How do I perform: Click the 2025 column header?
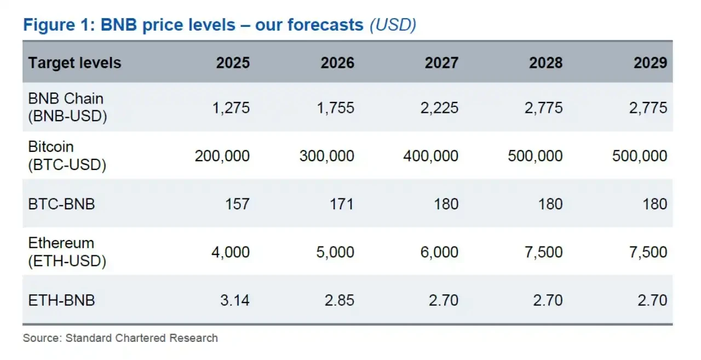pyautogui.click(x=233, y=62)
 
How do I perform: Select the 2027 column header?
pyautogui.click(x=441, y=62)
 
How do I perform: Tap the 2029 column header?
pyautogui.click(x=650, y=62)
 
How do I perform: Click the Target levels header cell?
pyautogui.click(x=74, y=62)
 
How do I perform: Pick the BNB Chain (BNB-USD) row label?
pyautogui.click(x=67, y=107)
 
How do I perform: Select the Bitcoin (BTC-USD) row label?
pyautogui.click(x=67, y=156)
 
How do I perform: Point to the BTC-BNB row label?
pyautogui.click(x=61, y=204)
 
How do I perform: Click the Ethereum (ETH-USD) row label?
pyautogui.click(x=67, y=252)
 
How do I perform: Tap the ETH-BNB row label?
pyautogui.click(x=61, y=300)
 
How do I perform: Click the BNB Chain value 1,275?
pyautogui.click(x=231, y=107)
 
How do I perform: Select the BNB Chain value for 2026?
pyautogui.click(x=335, y=107)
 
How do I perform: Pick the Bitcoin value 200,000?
pyautogui.click(x=222, y=156)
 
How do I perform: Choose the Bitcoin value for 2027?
pyautogui.click(x=430, y=156)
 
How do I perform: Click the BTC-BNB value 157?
pyautogui.click(x=237, y=204)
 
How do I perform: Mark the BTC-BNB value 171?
pyautogui.click(x=341, y=204)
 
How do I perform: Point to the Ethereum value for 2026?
pyautogui.click(x=335, y=252)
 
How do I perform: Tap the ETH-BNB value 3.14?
pyautogui.click(x=233, y=300)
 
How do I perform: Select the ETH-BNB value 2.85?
pyautogui.click(x=338, y=300)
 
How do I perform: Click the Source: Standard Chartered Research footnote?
pyautogui.click(x=120, y=338)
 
